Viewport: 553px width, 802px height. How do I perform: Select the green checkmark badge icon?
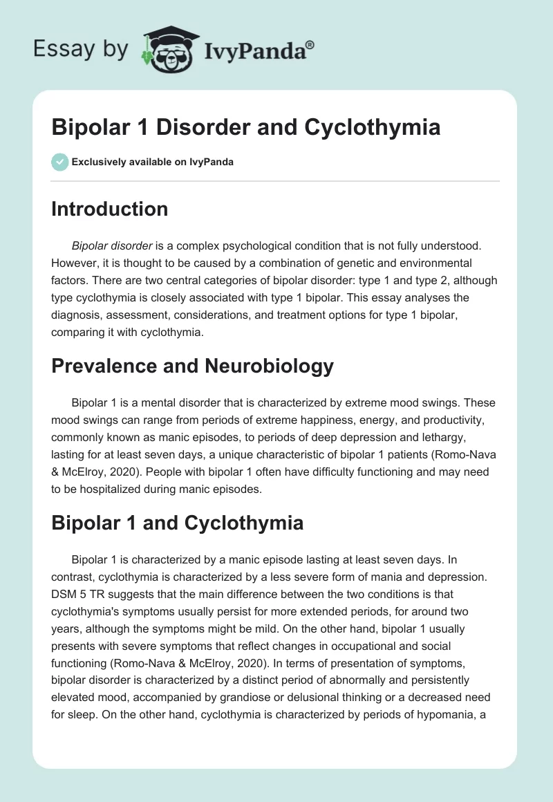(x=59, y=162)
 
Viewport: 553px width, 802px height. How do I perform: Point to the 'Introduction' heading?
(x=109, y=209)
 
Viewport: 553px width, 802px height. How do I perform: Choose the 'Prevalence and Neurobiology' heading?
(x=192, y=366)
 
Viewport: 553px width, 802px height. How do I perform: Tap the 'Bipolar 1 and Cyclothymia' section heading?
(x=177, y=522)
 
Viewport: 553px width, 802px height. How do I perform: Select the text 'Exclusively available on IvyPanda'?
(x=153, y=162)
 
